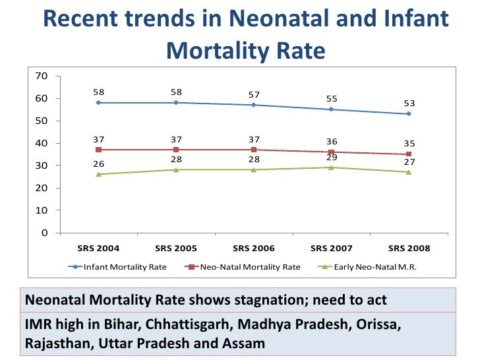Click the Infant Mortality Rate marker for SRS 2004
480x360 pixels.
pyautogui.click(x=98, y=103)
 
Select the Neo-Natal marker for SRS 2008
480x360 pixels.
pyautogui.click(x=409, y=154)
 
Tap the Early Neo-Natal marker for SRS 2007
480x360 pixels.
pyautogui.click(x=331, y=167)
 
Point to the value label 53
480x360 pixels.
pyautogui.click(x=409, y=104)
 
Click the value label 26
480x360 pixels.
pyautogui.click(x=98, y=163)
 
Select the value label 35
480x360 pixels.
pyautogui.click(x=409, y=144)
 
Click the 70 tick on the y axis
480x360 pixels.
pyautogui.click(x=41, y=76)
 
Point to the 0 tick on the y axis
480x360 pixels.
pyautogui.click(x=44, y=233)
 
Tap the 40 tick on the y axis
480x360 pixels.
pyautogui.click(x=41, y=143)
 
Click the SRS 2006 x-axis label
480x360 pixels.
pyautogui.click(x=253, y=249)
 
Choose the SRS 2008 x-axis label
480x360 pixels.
pyautogui.click(x=409, y=249)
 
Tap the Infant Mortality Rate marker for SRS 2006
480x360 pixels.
pyautogui.click(x=253, y=105)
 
